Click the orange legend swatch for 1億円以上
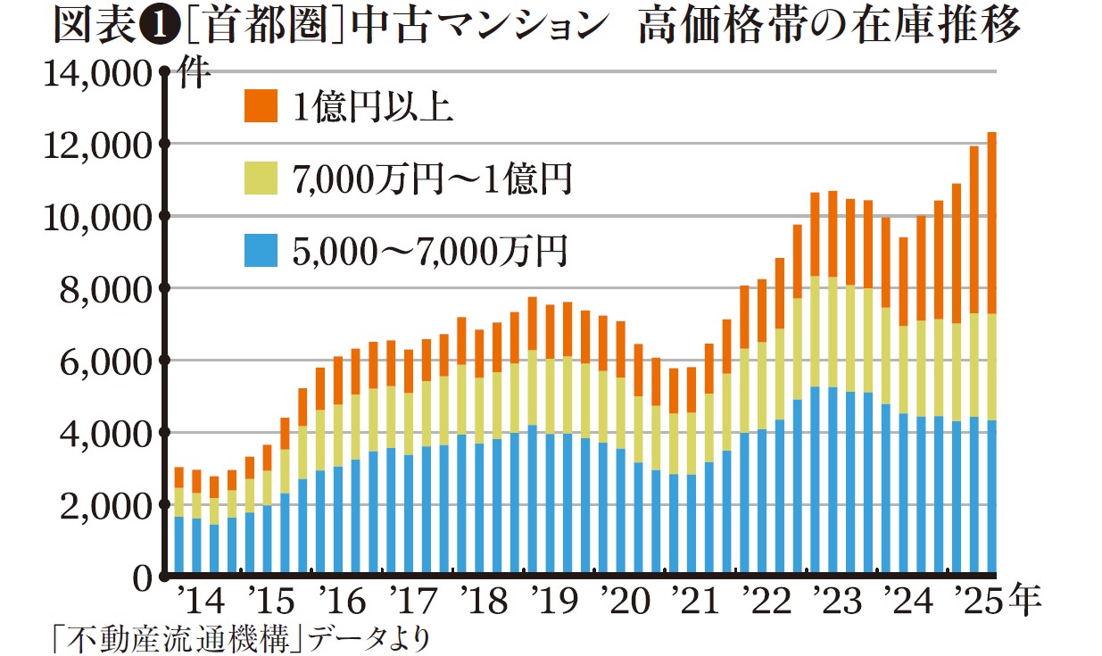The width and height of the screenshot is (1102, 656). click(260, 106)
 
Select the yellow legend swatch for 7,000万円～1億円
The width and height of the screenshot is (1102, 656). click(260, 179)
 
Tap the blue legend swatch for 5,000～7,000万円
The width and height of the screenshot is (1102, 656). click(260, 253)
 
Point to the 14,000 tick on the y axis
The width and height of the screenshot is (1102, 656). click(99, 73)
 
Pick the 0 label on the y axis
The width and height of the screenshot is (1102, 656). click(144, 578)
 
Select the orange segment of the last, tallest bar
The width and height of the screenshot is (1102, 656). click(991, 223)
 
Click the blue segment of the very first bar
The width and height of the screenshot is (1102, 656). click(179, 544)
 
